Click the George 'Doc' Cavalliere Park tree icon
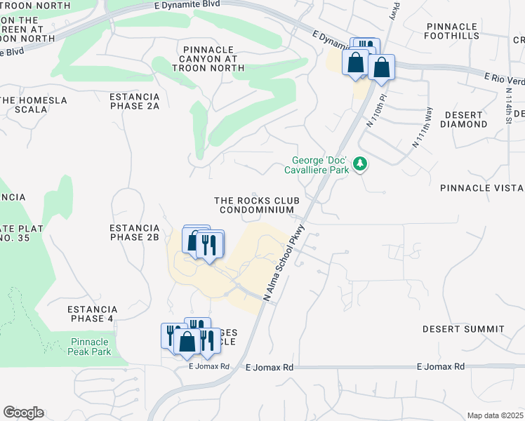(361, 163)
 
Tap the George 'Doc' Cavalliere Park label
(317, 164)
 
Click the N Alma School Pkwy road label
(285, 263)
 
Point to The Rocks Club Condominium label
(257, 205)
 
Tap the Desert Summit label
(463, 329)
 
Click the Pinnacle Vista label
(481, 189)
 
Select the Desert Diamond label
(463, 119)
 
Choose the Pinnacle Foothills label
(461, 32)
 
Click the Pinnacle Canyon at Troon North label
(212, 59)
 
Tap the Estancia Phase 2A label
(135, 101)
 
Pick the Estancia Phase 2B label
(135, 233)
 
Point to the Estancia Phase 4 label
(93, 314)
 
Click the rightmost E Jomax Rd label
(440, 367)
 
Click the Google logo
(23, 413)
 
